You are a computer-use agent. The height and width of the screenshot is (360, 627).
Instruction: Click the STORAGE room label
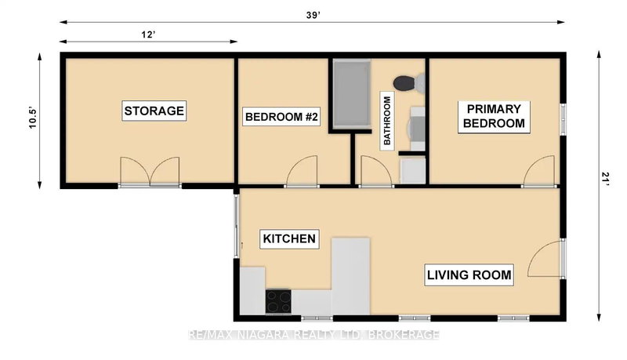coord(154,111)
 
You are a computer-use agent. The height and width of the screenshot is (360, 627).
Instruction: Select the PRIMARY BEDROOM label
coord(494,116)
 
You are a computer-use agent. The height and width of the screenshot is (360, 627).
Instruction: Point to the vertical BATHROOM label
coord(386,121)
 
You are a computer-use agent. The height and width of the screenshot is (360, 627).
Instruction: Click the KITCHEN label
coord(288,238)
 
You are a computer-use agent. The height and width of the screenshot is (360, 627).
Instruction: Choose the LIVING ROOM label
coord(469,275)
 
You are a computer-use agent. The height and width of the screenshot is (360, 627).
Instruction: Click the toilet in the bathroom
coord(406,82)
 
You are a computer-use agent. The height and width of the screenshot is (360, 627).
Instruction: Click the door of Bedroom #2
coord(302,173)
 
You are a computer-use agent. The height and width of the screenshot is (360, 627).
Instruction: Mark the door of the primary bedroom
coord(541,173)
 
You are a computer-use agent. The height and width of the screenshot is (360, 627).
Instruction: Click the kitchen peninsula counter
coord(350,275)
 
